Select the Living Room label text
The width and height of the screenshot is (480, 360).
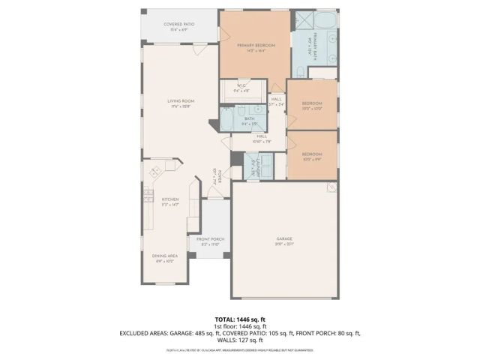point(181,103)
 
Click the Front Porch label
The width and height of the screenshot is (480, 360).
point(210,241)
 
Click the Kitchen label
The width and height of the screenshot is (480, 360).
point(170,201)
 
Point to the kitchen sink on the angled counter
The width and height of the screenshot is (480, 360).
point(155,172)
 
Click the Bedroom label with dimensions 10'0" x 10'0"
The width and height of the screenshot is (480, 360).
point(312,105)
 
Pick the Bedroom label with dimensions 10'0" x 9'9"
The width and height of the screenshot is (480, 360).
point(312,156)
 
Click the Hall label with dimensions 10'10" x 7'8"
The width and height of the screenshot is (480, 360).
point(262,138)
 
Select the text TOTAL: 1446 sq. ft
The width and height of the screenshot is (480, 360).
point(240,319)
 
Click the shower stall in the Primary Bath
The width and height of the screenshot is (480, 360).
point(307,22)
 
